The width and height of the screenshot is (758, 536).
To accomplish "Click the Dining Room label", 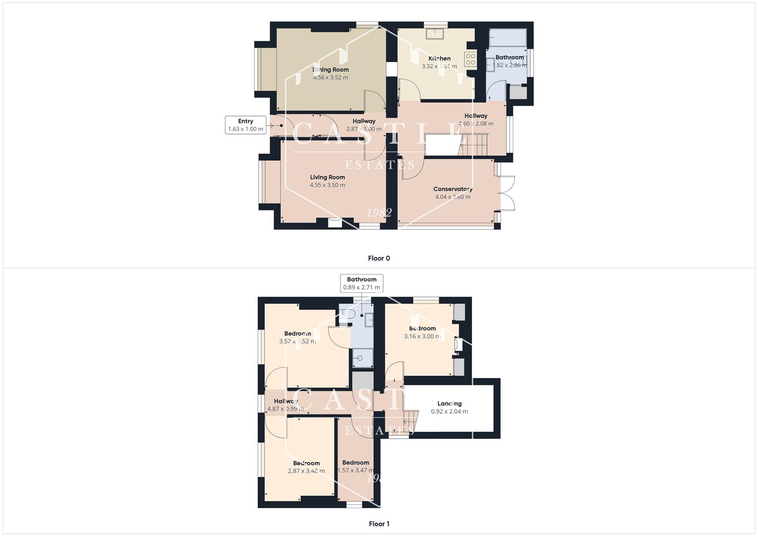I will (x=331, y=69).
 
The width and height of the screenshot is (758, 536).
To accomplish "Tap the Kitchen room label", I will (x=439, y=59).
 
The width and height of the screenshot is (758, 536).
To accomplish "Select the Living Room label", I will (x=327, y=177).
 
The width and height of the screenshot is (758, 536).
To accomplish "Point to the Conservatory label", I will (x=453, y=189).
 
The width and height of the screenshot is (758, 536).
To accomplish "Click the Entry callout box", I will (x=245, y=125).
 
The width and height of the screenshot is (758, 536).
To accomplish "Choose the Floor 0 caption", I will (x=379, y=258).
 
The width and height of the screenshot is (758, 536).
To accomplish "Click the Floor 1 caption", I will (x=379, y=524).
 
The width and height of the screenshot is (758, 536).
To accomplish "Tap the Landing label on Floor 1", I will (x=449, y=403).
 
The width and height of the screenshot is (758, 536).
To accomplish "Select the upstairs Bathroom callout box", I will (x=361, y=283).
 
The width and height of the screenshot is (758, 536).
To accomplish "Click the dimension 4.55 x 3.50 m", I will (x=327, y=185).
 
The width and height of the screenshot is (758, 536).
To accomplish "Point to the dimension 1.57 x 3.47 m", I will (x=355, y=470).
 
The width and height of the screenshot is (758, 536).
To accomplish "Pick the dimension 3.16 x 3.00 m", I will (x=422, y=336).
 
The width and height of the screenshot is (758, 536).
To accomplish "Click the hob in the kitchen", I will (x=470, y=60).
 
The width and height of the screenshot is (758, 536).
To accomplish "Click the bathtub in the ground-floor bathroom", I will (x=507, y=38).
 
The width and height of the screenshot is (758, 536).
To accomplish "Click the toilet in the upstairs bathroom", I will (x=346, y=315).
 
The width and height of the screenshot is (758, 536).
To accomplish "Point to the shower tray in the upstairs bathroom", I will (x=362, y=357).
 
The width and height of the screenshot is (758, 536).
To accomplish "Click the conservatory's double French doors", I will (x=507, y=193).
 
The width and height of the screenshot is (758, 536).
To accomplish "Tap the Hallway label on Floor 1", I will (x=285, y=401).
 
